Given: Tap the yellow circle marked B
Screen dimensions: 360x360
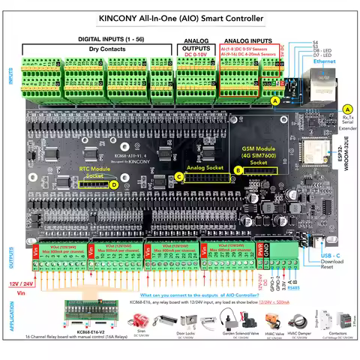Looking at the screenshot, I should coord(238,171).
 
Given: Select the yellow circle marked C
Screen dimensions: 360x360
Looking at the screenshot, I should coord(178,176).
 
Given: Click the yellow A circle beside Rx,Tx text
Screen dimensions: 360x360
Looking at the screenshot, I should coord(347,109).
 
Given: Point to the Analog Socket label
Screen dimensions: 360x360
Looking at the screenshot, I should coord(203,169).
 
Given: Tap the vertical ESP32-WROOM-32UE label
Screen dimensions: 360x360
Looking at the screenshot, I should coord(343,157).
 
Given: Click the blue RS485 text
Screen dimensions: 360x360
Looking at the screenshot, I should coord(314,286).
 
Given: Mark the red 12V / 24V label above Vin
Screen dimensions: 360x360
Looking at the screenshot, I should coord(20,284).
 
